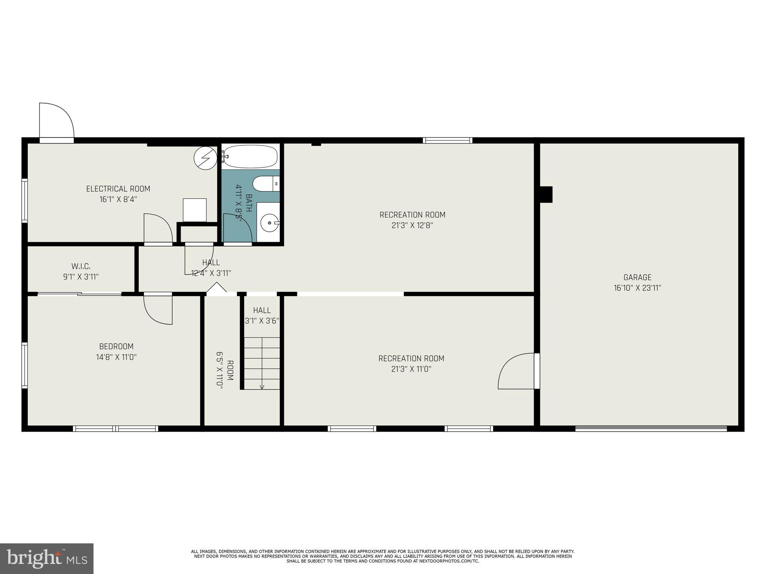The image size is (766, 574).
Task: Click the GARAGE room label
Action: click(x=637, y=277)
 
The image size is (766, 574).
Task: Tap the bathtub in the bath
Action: click(x=250, y=156)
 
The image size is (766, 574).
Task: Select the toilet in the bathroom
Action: click(x=265, y=184)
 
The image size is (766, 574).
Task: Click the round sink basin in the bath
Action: click(x=269, y=223)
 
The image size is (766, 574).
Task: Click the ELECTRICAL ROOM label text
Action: click(x=118, y=189)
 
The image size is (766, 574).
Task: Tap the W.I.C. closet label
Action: click(x=81, y=266)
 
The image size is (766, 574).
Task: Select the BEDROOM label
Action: click(x=116, y=346)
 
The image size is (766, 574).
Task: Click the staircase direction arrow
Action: click(x=262, y=385)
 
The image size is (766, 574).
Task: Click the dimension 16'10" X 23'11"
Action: click(x=637, y=288)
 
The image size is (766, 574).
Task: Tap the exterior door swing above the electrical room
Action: click(x=56, y=121)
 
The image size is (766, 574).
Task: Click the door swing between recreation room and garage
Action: click(x=516, y=371)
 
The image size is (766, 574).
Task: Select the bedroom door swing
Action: click(x=158, y=309)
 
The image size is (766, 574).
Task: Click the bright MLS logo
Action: click(x=47, y=558)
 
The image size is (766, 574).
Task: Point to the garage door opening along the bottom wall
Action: click(x=651, y=429)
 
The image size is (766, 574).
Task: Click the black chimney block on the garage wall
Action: click(x=546, y=194)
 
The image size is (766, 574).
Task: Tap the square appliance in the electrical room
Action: click(x=194, y=210)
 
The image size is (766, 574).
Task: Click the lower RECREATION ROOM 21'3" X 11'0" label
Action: click(x=411, y=363)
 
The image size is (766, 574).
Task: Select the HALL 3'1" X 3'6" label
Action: click(x=262, y=315)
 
